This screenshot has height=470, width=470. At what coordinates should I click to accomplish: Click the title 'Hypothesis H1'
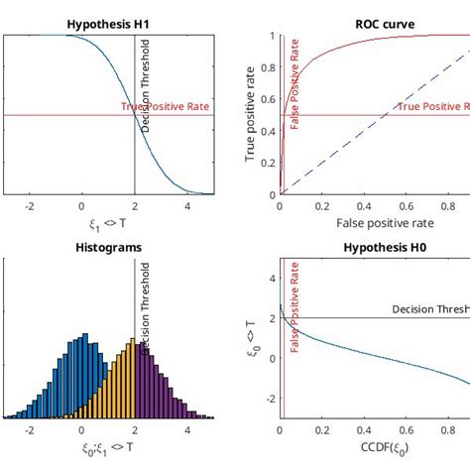click(109, 23)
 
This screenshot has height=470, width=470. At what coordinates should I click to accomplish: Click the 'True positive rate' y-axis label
click(250, 115)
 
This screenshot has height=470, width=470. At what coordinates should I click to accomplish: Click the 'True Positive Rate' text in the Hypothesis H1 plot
click(166, 107)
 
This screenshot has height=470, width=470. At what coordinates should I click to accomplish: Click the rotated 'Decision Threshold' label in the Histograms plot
click(146, 307)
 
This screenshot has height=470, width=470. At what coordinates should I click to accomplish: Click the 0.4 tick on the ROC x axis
click(365, 206)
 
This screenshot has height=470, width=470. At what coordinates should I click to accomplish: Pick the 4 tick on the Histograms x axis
click(188, 430)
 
